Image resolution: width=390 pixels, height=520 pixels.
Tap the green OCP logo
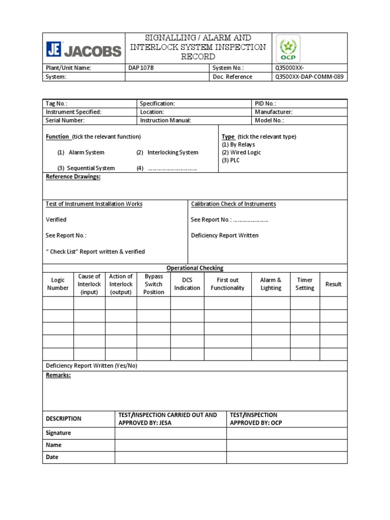287,49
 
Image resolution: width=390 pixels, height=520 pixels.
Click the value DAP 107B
141,68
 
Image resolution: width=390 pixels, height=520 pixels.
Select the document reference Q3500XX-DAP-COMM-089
309,77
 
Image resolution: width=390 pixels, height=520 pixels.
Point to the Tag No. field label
56,104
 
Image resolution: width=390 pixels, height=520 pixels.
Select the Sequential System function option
86,168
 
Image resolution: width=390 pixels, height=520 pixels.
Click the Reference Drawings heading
73,177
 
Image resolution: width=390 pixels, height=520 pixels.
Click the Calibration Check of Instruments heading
234,204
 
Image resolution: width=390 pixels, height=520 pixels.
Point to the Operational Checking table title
195,268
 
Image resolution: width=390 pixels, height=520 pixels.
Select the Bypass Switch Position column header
153,284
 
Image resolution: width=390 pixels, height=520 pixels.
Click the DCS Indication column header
187,284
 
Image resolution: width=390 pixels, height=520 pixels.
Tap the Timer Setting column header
305,284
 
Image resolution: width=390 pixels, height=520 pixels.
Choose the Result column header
333,284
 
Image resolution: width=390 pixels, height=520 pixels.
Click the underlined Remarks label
58,375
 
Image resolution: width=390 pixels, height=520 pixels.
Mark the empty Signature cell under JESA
170,433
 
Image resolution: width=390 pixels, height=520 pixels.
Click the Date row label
52,457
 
